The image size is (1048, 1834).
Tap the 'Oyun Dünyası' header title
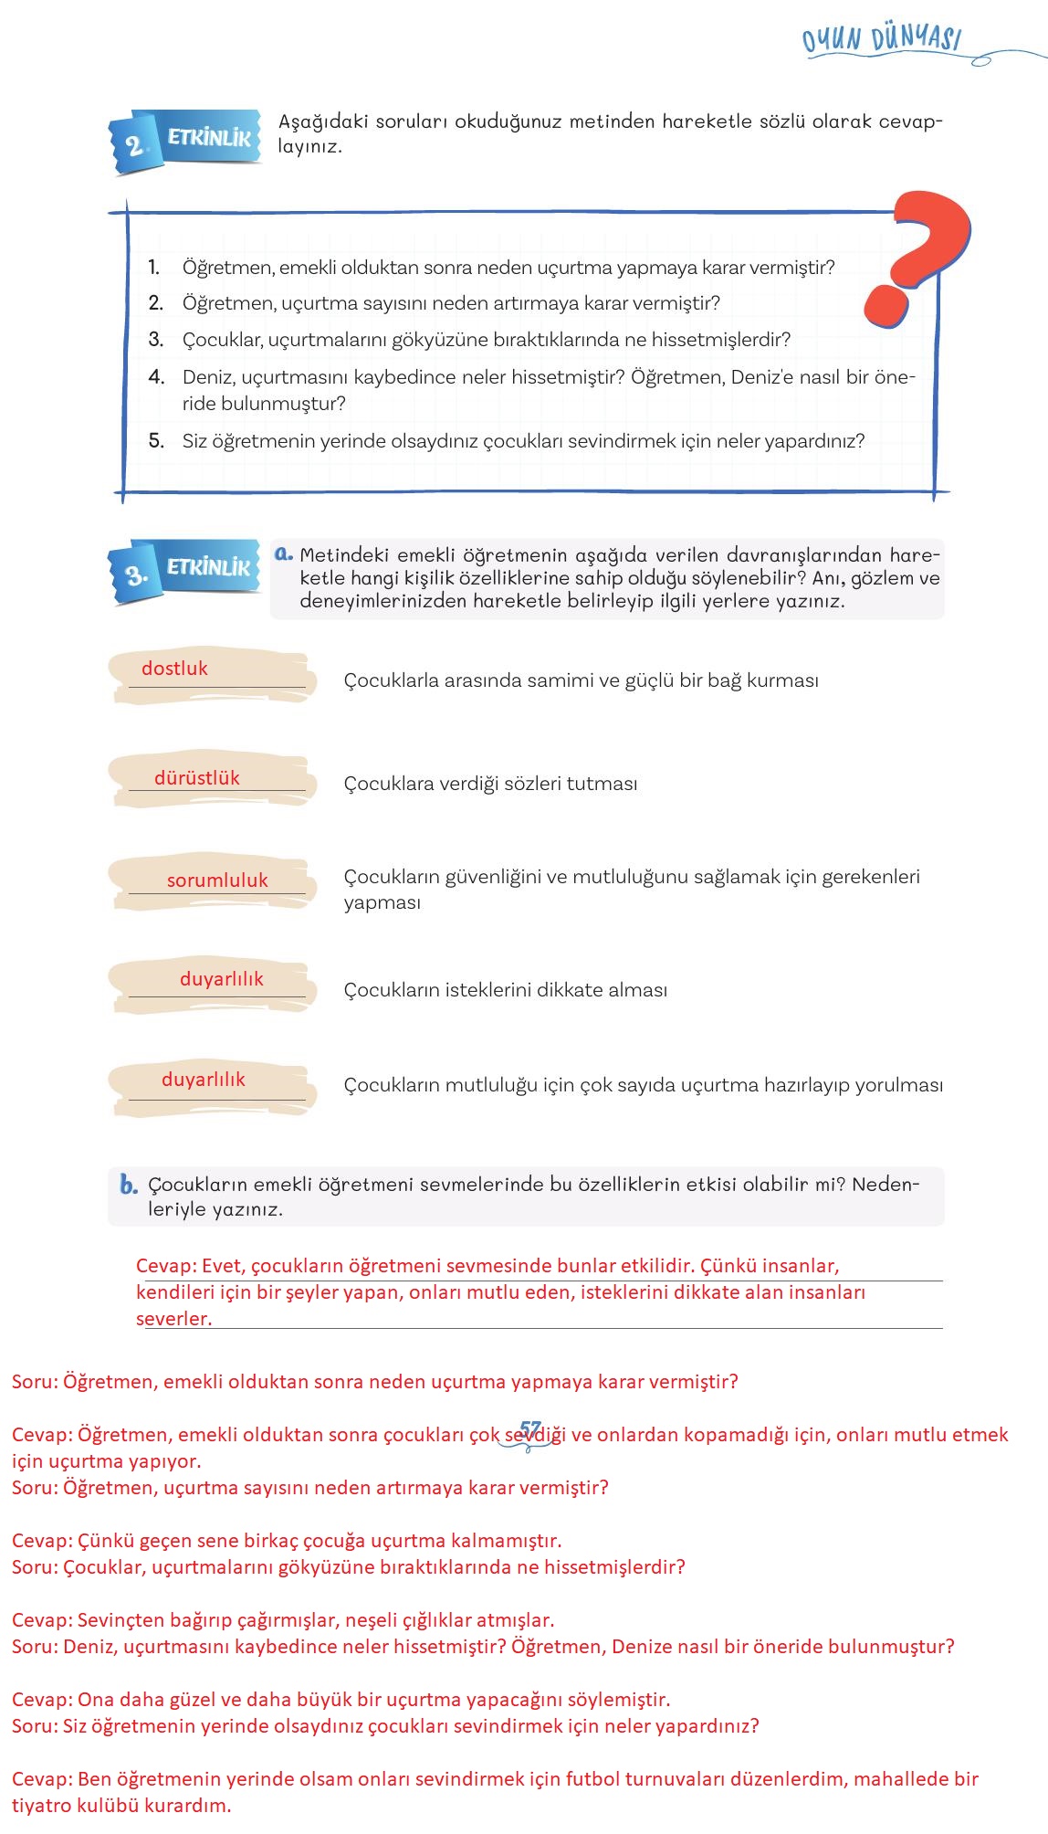point(882,40)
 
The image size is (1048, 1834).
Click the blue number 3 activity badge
point(136,574)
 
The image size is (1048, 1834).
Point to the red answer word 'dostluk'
point(174,669)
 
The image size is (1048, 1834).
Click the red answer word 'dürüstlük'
point(196,778)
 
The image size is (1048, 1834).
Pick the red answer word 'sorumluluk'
point(217,880)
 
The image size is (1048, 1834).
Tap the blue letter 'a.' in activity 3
point(283,553)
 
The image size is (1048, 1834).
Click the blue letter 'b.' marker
point(129,1186)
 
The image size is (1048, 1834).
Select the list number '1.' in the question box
point(154,268)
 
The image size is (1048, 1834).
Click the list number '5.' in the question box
point(156,441)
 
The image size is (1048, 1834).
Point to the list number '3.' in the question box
point(156,340)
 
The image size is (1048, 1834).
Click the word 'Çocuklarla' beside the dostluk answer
point(390,680)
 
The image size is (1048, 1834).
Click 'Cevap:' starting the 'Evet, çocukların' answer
point(165,1266)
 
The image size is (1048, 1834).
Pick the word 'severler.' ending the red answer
point(173,1319)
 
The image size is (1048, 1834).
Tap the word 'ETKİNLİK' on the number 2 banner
point(209,138)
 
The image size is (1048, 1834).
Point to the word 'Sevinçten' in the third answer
point(120,1620)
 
